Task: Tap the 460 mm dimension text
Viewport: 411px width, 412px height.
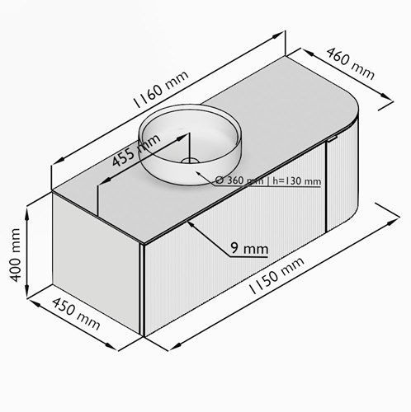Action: click(351, 63)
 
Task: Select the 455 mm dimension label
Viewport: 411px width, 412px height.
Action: click(136, 151)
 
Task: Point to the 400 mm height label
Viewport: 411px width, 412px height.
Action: click(15, 255)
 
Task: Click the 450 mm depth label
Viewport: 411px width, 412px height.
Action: click(76, 314)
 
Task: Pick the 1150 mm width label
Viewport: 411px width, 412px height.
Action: click(276, 275)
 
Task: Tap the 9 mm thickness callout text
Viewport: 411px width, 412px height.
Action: click(249, 249)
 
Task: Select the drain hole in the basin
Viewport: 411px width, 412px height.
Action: click(190, 161)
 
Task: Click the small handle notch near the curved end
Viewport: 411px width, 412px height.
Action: click(333, 138)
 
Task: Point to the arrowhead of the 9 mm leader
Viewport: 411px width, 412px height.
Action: click(191, 224)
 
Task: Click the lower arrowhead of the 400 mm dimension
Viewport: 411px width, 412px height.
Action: click(27, 291)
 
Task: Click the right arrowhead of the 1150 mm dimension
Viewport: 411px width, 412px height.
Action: click(393, 222)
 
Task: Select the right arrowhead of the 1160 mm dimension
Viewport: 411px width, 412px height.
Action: click(277, 35)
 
